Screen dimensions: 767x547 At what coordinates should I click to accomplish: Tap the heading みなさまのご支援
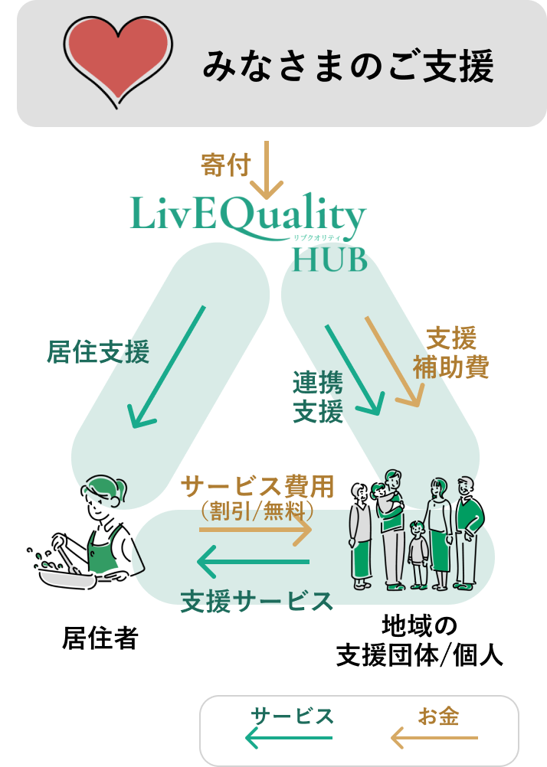point(349,66)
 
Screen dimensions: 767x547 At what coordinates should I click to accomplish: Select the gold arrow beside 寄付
point(267,170)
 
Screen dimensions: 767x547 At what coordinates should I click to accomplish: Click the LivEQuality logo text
point(247,214)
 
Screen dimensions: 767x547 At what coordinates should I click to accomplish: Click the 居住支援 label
point(98,352)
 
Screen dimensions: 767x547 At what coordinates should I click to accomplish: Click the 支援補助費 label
point(450,353)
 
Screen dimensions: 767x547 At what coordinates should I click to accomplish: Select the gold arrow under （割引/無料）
point(256,529)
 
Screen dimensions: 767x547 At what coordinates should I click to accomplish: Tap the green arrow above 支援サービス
point(254,563)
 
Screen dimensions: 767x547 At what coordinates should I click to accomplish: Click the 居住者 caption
point(100,638)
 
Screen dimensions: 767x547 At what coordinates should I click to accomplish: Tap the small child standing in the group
point(418,553)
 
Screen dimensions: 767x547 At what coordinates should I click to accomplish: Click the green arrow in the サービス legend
point(289,738)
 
